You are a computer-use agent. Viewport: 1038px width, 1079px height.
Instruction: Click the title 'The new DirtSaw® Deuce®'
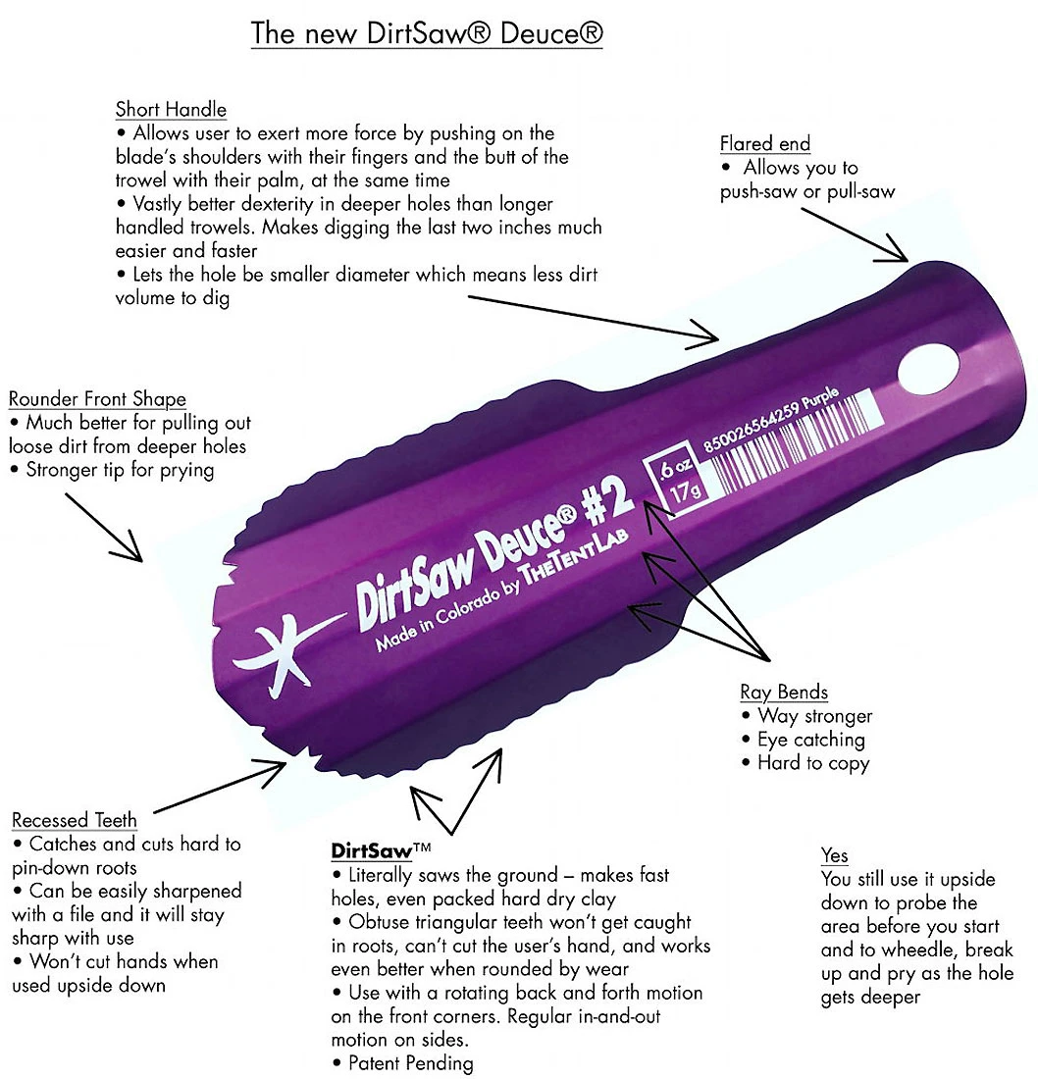tap(427, 32)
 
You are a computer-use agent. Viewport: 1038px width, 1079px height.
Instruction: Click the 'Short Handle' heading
tap(171, 109)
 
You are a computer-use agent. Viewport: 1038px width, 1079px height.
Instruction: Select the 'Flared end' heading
tap(764, 143)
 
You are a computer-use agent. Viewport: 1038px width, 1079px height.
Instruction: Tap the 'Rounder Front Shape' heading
tap(97, 399)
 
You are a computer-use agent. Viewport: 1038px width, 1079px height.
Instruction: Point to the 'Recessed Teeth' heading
tap(75, 820)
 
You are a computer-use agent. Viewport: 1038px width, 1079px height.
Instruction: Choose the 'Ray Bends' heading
tap(784, 692)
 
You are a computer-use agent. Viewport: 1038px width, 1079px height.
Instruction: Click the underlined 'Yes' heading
tap(834, 855)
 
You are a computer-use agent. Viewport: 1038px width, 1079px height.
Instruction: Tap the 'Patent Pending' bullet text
tap(403, 1063)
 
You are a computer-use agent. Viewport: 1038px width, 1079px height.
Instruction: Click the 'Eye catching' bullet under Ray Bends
tap(810, 740)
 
